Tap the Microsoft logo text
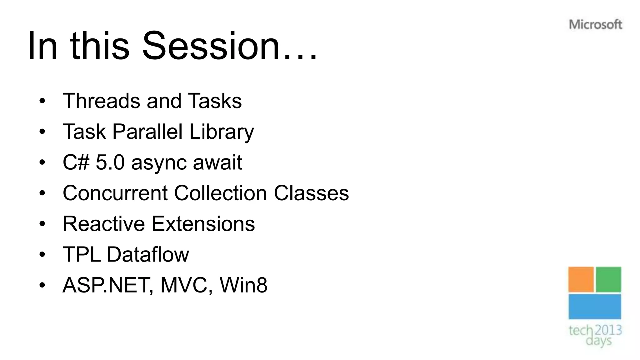click(595, 24)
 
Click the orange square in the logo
click(581, 279)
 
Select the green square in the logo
click(608, 279)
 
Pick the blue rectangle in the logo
click(594, 307)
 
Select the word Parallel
click(147, 132)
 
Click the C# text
click(76, 162)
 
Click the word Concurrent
click(115, 193)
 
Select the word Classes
click(311, 193)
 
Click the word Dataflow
click(148, 254)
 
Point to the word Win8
click(243, 285)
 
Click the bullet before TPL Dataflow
click(42, 254)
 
